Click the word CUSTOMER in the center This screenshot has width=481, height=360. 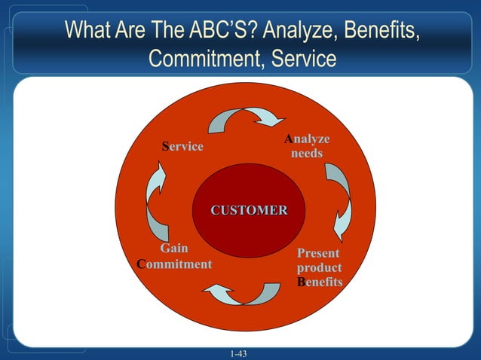pos(249,209)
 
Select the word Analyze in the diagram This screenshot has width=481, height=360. pos(307,139)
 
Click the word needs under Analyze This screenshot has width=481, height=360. pos(307,154)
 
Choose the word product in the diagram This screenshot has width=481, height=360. pos(318,267)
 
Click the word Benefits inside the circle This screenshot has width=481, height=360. pos(320,282)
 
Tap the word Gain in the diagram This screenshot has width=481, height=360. pos(174,249)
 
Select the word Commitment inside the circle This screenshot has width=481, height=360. pos(174,264)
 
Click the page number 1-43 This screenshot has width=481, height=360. pos(240,353)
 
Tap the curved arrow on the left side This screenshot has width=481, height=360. pos(156,203)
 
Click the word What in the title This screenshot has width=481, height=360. pos(87,31)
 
